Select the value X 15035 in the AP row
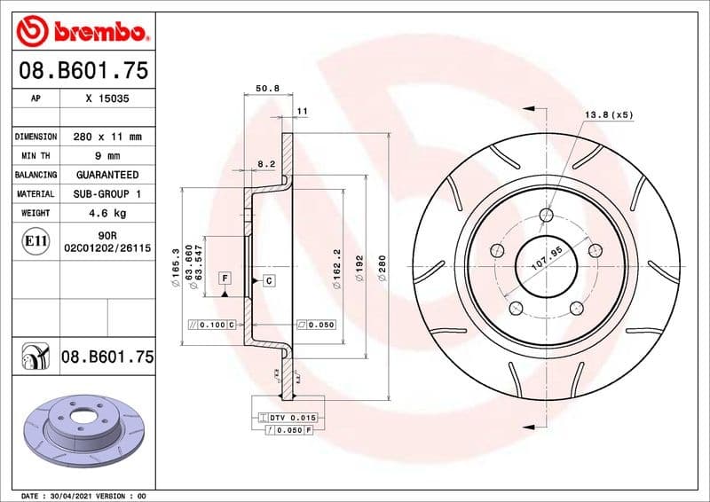coord(107,99)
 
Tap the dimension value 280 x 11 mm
coord(107,137)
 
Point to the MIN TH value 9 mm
coord(107,156)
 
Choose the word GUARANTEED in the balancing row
coord(107,175)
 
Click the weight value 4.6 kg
coord(107,213)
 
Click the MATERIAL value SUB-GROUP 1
coord(107,193)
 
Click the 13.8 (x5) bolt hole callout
coord(608,115)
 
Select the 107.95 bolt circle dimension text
coord(547,260)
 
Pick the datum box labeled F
coord(225,278)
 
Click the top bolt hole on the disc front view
coord(546,214)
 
